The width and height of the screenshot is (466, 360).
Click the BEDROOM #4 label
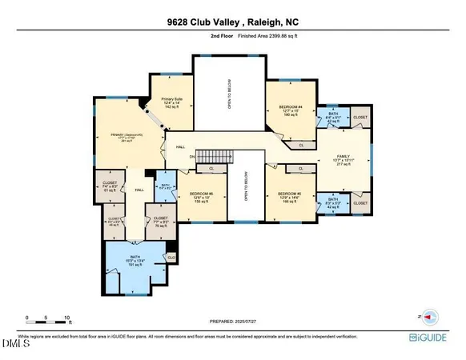coord(291,109)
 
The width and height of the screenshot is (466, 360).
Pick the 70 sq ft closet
coord(161,219)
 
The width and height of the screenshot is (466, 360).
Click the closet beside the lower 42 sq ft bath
coord(359,204)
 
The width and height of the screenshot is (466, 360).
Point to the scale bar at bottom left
coord(47,320)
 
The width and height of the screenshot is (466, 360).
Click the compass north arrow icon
coord(428,317)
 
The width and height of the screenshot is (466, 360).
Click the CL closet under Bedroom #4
coord(301,146)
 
